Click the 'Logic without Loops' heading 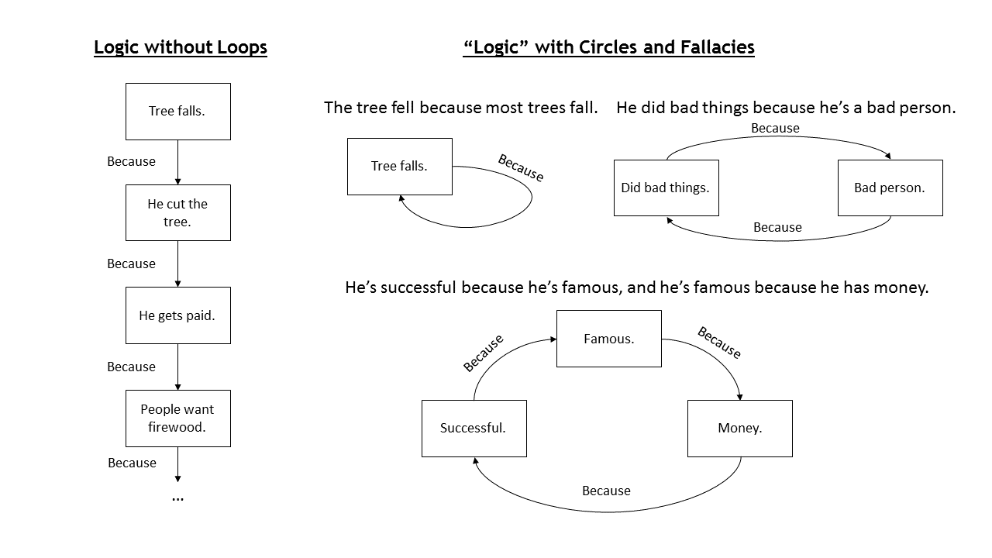(x=181, y=47)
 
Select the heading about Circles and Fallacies (x=608, y=47)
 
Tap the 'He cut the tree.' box (x=178, y=212)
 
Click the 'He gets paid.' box (x=178, y=315)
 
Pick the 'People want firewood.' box (x=178, y=418)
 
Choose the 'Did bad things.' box (x=666, y=188)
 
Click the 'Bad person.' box (x=890, y=188)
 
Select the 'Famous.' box (x=609, y=339)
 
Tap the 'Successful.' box (x=474, y=429)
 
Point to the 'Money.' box (x=739, y=429)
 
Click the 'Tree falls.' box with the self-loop (x=399, y=167)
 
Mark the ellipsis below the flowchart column (x=177, y=498)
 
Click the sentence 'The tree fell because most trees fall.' (x=460, y=108)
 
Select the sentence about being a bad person (x=786, y=108)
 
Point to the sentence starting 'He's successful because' (x=637, y=288)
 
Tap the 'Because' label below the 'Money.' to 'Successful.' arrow (x=606, y=491)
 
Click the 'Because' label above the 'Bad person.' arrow (x=775, y=128)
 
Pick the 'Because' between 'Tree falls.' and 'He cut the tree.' (x=131, y=161)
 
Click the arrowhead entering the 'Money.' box (x=739, y=397)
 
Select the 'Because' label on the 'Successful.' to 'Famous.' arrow (x=483, y=353)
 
